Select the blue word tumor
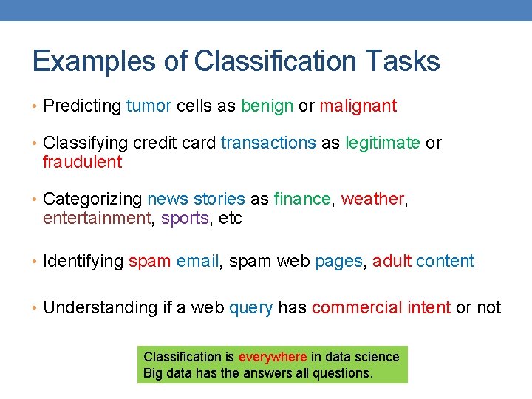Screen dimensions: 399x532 click(x=149, y=106)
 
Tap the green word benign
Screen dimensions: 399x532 click(x=267, y=106)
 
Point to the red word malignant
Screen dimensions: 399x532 click(x=358, y=106)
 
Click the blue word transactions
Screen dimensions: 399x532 click(x=268, y=143)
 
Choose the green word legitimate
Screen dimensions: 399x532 click(x=383, y=143)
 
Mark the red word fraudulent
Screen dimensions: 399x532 click(x=82, y=162)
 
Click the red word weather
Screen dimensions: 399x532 click(x=372, y=199)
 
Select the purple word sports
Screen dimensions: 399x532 click(x=185, y=219)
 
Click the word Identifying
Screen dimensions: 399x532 click(x=83, y=261)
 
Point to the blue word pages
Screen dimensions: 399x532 click(x=338, y=261)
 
